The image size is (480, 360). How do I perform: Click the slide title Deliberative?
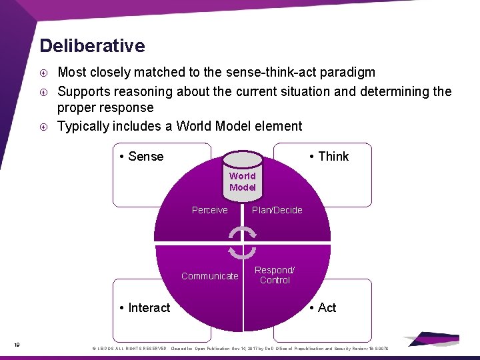92,46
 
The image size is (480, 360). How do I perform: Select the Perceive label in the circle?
209,210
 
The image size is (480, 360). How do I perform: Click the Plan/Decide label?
277,210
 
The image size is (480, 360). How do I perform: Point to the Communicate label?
209,276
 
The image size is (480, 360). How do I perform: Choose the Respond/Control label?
275,275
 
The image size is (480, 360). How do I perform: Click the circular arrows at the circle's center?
242,243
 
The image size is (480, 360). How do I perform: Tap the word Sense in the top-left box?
145,157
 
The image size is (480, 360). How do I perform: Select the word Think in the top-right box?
333,157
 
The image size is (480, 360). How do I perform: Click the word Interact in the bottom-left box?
149,307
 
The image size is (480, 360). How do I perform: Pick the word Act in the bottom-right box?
327,307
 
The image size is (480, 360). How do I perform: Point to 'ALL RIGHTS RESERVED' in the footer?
141,349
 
